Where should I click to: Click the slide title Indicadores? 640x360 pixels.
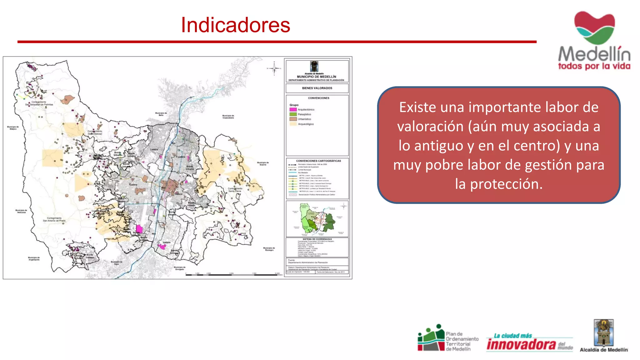(235, 25)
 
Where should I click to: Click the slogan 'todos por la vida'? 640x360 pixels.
(594, 66)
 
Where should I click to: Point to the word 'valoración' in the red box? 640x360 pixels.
(430, 127)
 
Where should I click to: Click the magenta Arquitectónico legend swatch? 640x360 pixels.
(293, 110)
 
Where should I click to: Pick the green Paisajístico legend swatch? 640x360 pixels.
(293, 114)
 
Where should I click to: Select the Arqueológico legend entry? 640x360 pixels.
(305, 124)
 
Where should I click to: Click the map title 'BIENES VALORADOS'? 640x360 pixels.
(317, 88)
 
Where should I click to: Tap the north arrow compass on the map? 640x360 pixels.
(274, 68)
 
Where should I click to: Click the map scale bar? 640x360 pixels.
(232, 275)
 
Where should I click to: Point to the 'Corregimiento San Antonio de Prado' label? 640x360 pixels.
(54, 219)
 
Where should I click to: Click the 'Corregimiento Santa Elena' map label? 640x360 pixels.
(235, 190)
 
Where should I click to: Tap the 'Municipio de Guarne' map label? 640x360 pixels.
(263, 163)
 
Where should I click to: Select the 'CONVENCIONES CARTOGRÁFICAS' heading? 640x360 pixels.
(318, 161)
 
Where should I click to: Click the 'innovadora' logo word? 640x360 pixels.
(521, 344)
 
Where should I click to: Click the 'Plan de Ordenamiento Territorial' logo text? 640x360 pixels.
(462, 341)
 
